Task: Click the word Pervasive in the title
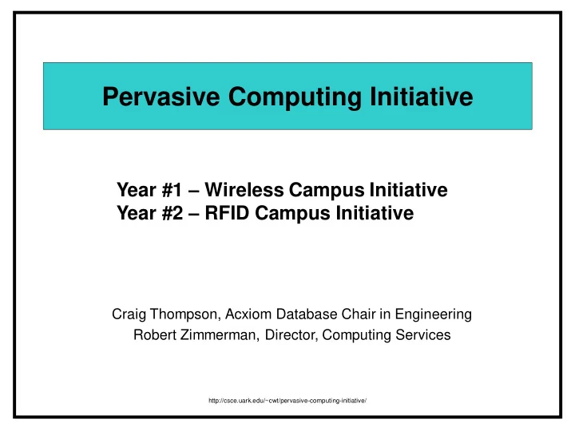161,97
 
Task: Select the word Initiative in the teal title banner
422,97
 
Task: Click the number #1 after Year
172,190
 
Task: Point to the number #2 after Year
172,213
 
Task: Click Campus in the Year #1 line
327,191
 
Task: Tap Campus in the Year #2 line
292,214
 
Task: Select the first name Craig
129,314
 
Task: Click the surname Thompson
185,315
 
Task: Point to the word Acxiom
248,314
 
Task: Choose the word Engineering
433,315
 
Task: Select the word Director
291,335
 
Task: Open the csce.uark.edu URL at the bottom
287,401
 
